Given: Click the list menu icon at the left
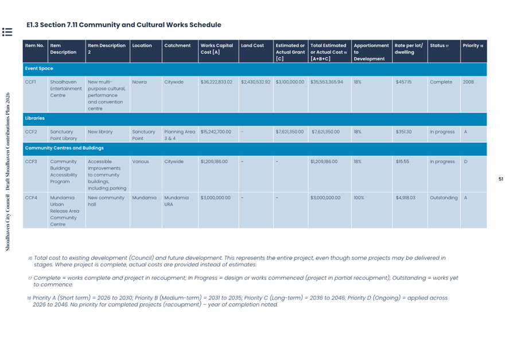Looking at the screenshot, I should coord(7,32).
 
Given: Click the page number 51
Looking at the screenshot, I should coord(500,179).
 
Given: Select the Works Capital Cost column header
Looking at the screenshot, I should coord(217,49).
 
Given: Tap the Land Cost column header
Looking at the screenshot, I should coord(252,46).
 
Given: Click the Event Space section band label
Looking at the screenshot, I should coord(39,69).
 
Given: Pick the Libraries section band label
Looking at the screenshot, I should coord(35,119).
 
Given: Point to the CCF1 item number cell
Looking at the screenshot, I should coord(31,82).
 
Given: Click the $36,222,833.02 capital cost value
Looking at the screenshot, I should coord(217,82).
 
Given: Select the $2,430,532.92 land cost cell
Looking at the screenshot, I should coord(256,82).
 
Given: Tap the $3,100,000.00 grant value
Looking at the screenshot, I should coord(290,82).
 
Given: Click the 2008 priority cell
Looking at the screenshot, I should coord(469,82).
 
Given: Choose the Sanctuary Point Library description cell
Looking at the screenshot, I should coord(64,135).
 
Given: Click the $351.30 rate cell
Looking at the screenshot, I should coord(404,132).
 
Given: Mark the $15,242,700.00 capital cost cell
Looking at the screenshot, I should coord(216,132).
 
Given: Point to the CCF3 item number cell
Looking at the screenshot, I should coord(31,162).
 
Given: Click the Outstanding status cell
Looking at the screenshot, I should coord(444,198).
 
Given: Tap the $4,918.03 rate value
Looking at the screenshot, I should coord(406,198).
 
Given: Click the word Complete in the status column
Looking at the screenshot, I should coord(441,82).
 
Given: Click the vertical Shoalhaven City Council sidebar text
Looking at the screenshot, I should coord(8,171).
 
